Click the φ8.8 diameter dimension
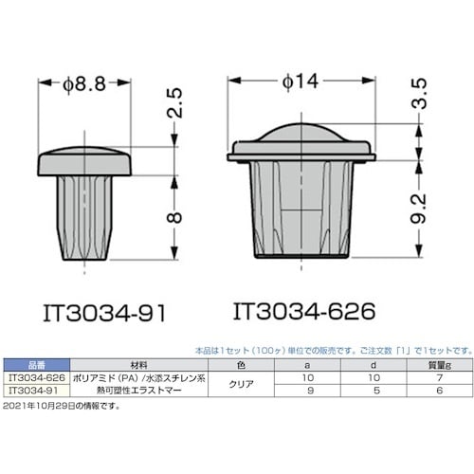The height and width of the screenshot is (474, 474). [x=83, y=83]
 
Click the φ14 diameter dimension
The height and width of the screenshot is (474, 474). [x=297, y=83]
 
